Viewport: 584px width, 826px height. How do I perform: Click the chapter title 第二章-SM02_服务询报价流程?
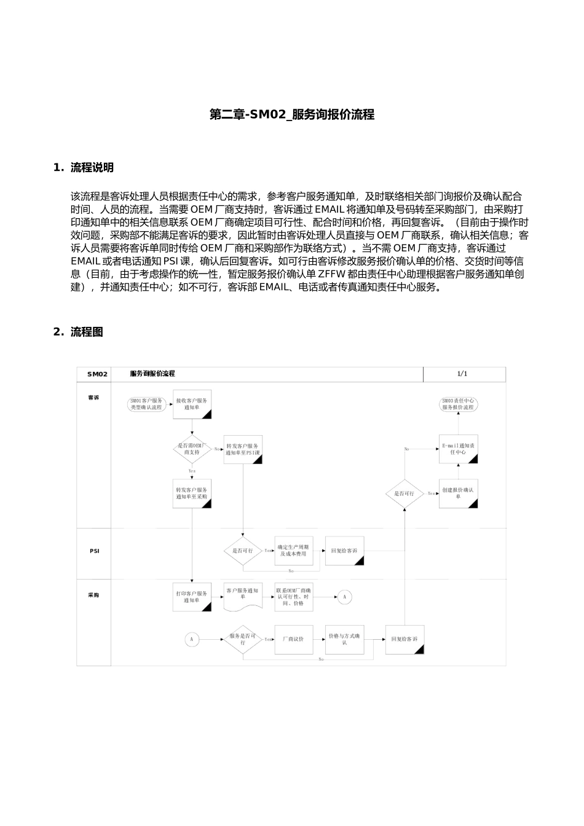point(291,115)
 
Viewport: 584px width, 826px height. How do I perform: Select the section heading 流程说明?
point(92,168)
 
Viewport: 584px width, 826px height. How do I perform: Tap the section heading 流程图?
point(87,332)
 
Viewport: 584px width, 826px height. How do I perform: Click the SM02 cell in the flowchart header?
point(97,374)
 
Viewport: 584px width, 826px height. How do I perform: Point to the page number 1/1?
point(462,374)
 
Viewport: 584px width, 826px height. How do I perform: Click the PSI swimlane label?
point(94,551)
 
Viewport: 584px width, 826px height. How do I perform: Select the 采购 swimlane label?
point(93,595)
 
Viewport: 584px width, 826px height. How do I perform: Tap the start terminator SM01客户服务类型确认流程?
point(148,404)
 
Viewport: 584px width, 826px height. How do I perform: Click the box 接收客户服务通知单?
point(192,404)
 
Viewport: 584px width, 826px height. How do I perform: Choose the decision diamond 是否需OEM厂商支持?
point(192,449)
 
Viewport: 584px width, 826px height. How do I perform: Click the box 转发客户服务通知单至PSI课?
point(243,449)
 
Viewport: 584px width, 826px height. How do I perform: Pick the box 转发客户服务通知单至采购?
point(192,494)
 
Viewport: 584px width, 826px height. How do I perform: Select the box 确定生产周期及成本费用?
point(293,551)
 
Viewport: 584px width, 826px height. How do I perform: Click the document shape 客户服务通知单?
point(243,596)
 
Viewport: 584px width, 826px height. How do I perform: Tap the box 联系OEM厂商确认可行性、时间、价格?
point(294,596)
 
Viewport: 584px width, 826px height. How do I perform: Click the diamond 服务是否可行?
point(243,639)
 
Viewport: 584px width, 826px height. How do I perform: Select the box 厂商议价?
point(293,639)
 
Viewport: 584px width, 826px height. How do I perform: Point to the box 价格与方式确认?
point(345,639)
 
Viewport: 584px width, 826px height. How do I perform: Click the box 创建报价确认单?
point(458,494)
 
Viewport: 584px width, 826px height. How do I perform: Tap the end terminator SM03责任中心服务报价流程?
point(459,404)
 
